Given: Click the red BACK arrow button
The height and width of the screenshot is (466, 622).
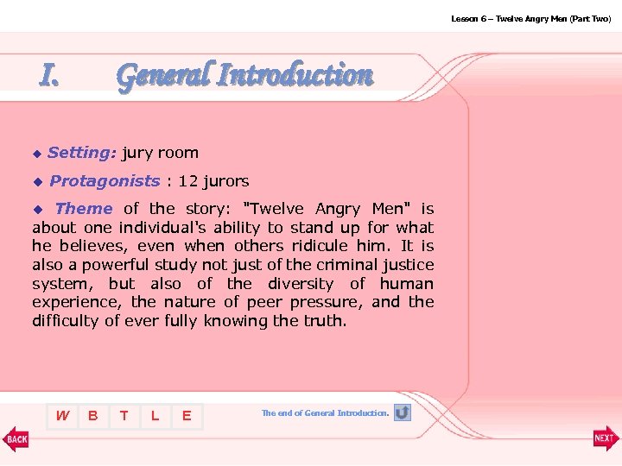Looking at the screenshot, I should tap(16, 438).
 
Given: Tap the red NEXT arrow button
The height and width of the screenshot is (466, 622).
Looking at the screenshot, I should tap(606, 438).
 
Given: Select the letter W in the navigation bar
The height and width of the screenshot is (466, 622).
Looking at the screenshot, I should tap(62, 416).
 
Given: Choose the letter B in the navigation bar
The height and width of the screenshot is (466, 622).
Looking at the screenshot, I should tap(92, 416).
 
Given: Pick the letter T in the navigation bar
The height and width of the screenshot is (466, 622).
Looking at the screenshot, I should tap(124, 416).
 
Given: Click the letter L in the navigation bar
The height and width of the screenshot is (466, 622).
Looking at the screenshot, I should tap(155, 416).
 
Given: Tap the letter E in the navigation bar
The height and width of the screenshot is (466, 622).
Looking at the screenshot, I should tap(186, 416).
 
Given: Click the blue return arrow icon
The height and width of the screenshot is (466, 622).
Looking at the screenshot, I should tap(402, 412).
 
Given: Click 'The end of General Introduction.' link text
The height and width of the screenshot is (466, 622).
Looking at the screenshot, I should tap(325, 413).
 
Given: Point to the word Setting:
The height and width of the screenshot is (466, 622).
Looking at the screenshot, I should tap(82, 153).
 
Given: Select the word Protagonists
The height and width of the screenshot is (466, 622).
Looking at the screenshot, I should tap(105, 181).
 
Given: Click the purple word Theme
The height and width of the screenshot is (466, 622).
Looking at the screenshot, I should tap(83, 208).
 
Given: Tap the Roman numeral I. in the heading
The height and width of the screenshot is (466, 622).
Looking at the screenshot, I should tap(50, 77).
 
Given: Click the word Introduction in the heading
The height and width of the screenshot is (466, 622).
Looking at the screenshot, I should tap(295, 76).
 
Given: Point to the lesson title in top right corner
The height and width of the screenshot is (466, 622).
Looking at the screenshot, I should tap(530, 18).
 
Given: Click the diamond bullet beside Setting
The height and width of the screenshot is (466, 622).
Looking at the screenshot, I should tap(36, 154).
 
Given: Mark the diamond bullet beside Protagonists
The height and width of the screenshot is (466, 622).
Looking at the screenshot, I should tap(36, 182).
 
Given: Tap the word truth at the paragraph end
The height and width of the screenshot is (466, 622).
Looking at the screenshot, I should tap(325, 321).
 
